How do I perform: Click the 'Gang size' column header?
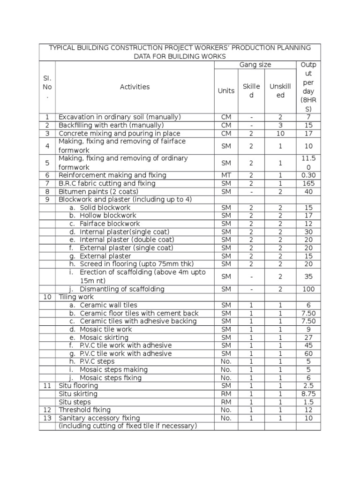255,65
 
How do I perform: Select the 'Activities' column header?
135,87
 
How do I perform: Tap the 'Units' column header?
226,90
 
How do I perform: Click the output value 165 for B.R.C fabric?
308,183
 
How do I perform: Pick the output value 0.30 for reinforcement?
308,175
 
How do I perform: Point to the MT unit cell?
226,175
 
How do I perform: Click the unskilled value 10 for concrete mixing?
280,133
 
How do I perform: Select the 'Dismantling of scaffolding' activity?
122,289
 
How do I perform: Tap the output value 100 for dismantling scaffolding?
308,289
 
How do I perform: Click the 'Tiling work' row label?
76,297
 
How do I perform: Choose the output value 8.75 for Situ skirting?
308,394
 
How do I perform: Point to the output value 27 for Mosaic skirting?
308,337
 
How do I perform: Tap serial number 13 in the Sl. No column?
47,418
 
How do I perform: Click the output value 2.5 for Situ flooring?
308,386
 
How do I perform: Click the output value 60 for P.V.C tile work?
308,353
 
